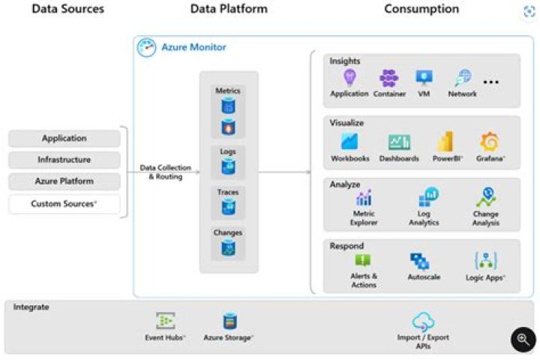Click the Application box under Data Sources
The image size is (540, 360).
[x=64, y=139]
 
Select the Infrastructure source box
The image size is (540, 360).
[x=64, y=160]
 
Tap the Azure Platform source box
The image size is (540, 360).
[x=64, y=181]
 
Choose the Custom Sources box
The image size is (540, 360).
[x=64, y=204]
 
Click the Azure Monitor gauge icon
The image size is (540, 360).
[x=146, y=47]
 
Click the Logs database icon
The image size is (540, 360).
[x=228, y=166]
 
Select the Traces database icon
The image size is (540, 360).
[x=228, y=207]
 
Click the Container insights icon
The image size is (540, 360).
[x=389, y=78]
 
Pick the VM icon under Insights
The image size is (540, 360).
[x=424, y=78]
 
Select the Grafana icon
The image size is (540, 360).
[x=490, y=141]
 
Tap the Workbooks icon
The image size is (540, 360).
[x=349, y=141]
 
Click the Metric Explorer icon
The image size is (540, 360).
[x=364, y=199]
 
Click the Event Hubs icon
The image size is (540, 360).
[x=165, y=322]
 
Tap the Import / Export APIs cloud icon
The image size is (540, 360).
[x=424, y=321]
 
